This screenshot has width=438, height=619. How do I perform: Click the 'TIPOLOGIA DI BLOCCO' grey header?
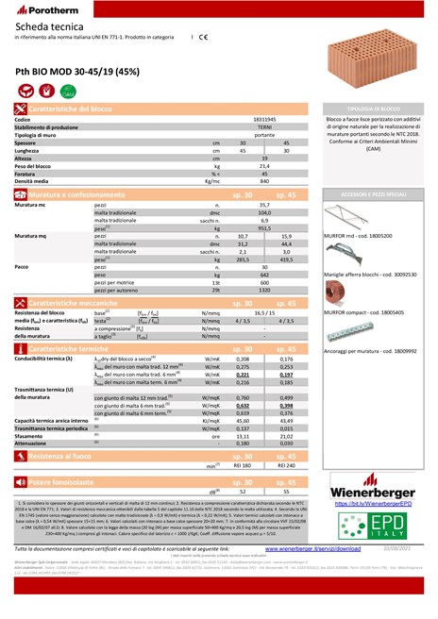pos(377,109)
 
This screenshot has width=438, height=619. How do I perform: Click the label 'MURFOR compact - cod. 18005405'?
pos(362,309)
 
